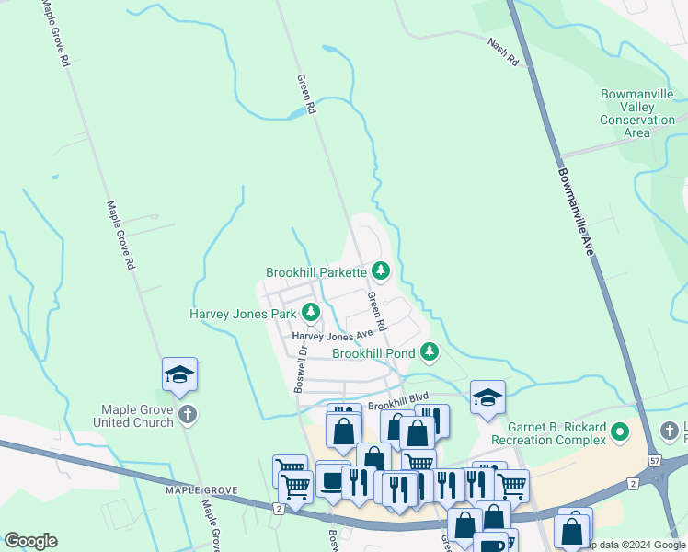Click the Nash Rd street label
click(x=503, y=52)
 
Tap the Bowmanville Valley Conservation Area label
click(x=637, y=113)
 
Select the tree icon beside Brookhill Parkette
click(x=381, y=271)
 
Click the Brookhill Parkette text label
click(x=316, y=272)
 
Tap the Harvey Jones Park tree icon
click(x=311, y=313)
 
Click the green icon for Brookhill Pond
click(x=429, y=351)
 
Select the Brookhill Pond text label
click(x=374, y=353)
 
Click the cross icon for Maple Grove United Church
click(x=187, y=414)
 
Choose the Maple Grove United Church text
click(x=138, y=416)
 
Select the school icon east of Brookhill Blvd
click(x=487, y=397)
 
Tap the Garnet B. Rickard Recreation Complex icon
click(x=620, y=431)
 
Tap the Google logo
click(x=30, y=541)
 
